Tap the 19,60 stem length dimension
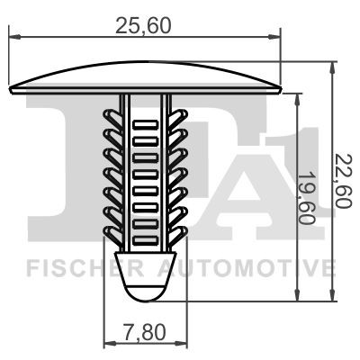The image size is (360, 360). click(312, 195)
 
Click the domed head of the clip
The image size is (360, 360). click(145, 78)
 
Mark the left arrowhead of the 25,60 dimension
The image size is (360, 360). click(13, 38)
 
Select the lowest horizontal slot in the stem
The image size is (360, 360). click(145, 226)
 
